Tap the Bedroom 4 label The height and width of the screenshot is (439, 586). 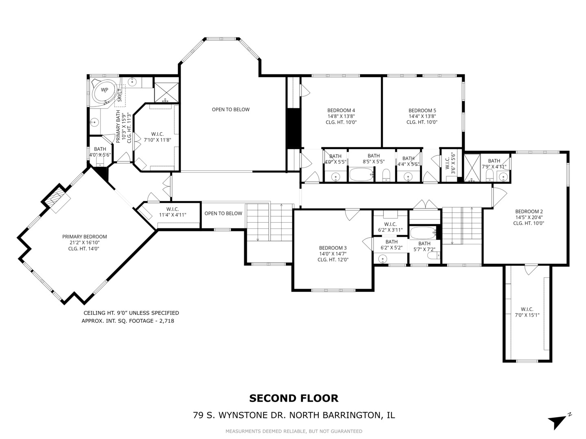[341, 110]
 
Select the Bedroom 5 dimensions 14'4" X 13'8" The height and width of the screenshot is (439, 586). [422, 116]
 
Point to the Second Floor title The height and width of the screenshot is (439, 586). [293, 398]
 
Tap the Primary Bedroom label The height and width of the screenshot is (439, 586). [85, 237]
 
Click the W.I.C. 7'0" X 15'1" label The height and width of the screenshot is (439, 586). [527, 309]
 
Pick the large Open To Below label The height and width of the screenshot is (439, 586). [231, 109]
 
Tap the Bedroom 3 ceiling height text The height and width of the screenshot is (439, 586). [333, 260]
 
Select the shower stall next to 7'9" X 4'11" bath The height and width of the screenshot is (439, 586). [472, 168]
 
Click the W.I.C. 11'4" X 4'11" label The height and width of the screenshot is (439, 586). [173, 209]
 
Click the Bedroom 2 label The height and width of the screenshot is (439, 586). [529, 211]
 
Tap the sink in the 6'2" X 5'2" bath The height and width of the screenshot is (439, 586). [383, 259]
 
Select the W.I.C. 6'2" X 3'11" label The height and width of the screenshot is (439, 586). [390, 224]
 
